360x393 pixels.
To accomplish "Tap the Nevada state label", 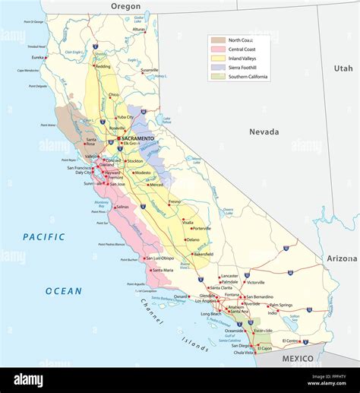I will coord(264,132).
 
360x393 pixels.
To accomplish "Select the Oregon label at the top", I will coord(126,6).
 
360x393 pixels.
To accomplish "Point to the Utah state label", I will coord(343,68).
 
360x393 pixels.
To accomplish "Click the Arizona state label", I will coord(342,258).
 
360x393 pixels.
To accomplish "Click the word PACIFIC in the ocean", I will coord(43,236).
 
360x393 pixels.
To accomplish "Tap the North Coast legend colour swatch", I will coord(218,40).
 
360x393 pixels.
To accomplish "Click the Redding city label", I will coord(103,67).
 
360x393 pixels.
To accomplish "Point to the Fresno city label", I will coord(174,202).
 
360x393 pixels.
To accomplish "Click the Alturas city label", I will coord(138,30).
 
